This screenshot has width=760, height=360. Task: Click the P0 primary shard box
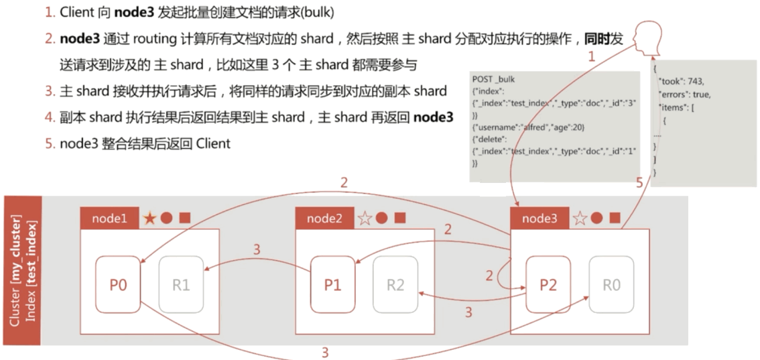pos(118,285)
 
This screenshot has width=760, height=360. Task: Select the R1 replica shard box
pos(181,285)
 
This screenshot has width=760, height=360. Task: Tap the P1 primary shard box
pos(332,285)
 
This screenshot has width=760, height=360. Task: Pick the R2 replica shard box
pos(395,285)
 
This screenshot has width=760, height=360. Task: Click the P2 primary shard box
pos(548,285)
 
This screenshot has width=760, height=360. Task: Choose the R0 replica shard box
pos(611,285)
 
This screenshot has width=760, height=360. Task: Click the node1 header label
pos(109,218)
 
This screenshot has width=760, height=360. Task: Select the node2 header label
pos(324,218)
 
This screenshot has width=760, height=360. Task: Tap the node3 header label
pos(540,218)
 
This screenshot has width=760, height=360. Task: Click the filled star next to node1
pos(149,218)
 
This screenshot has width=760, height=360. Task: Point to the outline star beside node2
pos(365,218)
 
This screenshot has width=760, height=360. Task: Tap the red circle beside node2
pos(382,218)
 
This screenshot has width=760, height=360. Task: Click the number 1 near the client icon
pos(591,58)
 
